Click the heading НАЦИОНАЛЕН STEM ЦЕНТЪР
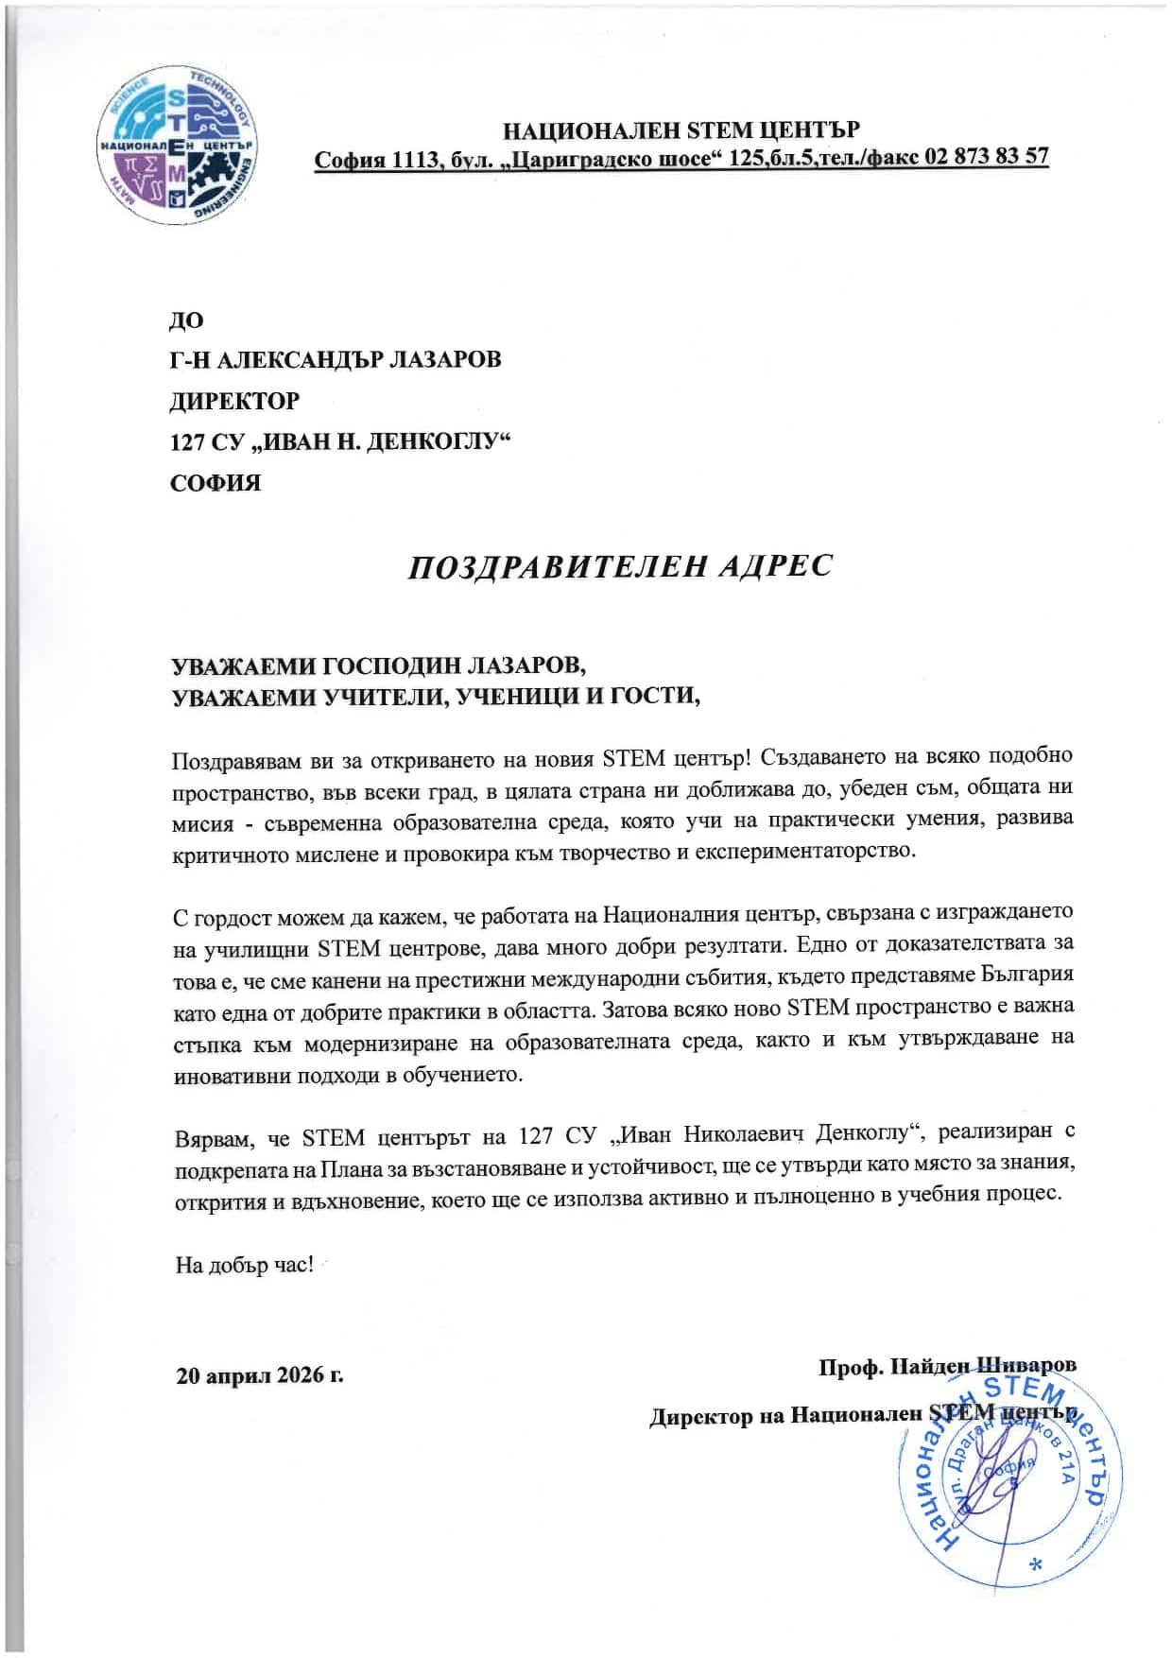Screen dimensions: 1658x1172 tap(681, 130)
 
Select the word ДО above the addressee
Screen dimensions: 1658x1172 tap(186, 320)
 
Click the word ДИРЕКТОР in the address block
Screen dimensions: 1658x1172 tap(234, 401)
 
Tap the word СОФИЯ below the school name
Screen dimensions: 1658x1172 tap(215, 483)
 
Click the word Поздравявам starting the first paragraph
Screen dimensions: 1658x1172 tap(237, 760)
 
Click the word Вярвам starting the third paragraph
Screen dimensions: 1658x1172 tap(213, 1137)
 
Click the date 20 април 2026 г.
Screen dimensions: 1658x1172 tap(260, 1374)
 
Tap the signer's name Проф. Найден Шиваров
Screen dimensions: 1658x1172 tap(947, 1367)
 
